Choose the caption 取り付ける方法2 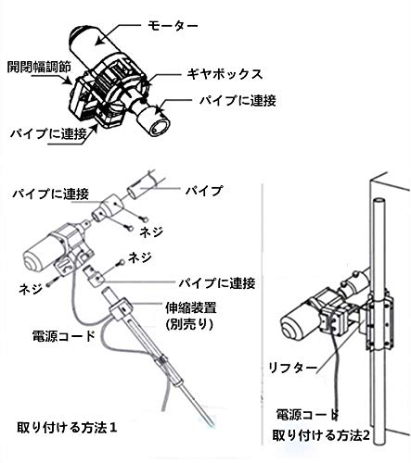tap(320, 433)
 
